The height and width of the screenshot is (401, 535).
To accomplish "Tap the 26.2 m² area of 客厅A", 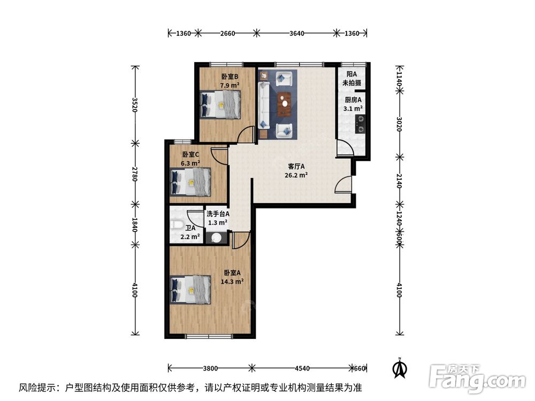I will coord(295,175).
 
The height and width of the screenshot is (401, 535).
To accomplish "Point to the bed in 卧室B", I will coord(220,104).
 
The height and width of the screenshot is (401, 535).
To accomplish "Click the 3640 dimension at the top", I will coord(297,33).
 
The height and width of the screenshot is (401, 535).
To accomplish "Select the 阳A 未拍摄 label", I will coord(351,79).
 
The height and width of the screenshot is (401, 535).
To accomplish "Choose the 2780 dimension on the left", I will coord(135,174).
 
